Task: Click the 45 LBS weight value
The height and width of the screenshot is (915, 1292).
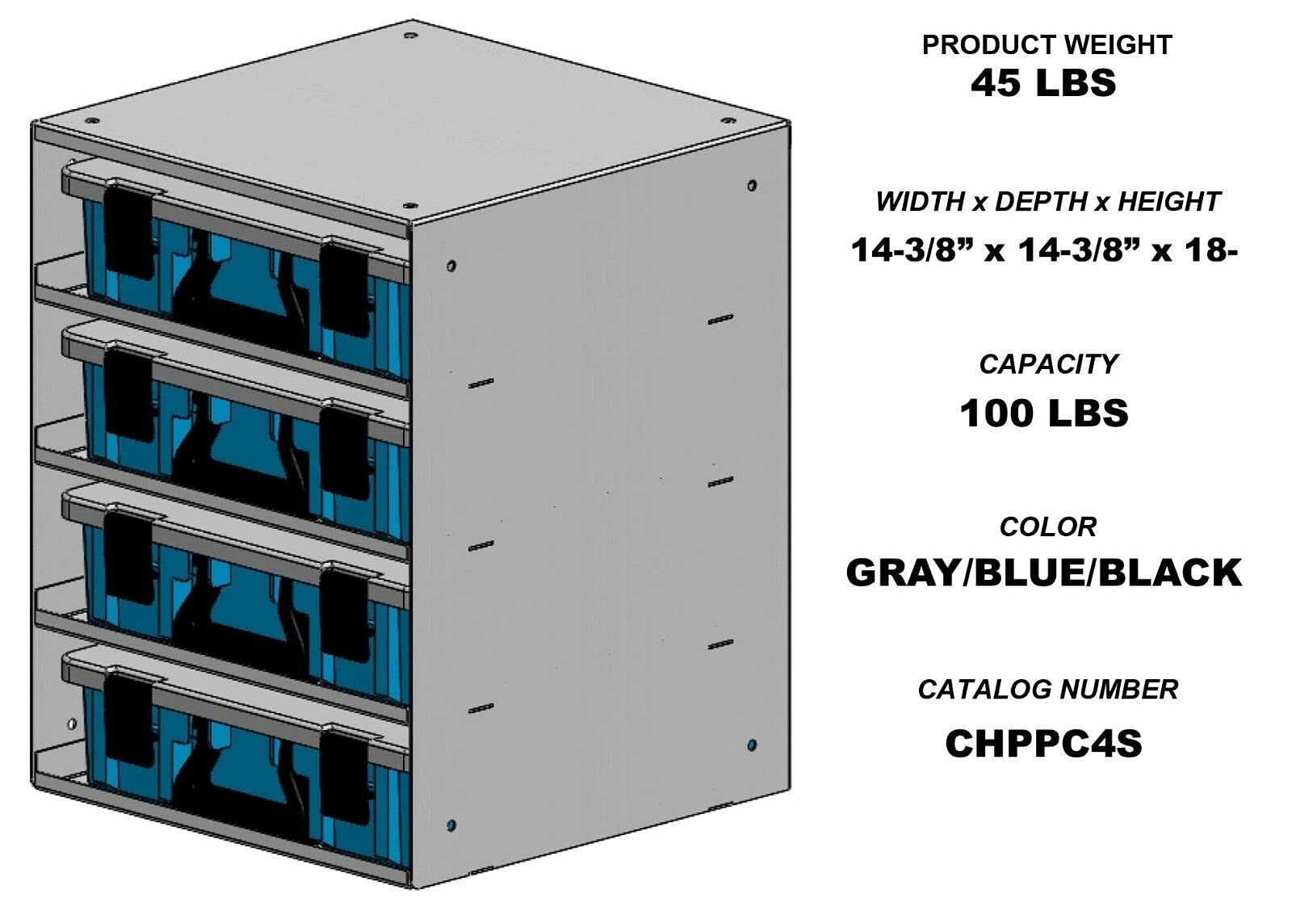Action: pyautogui.click(x=1043, y=83)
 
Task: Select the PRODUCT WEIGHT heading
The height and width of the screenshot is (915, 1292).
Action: pyautogui.click(x=1047, y=45)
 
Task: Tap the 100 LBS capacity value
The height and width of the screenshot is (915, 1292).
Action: pyautogui.click(x=1043, y=413)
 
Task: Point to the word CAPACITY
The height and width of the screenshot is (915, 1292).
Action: pyautogui.click(x=1047, y=364)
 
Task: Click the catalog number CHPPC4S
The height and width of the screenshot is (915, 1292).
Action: pyautogui.click(x=1043, y=744)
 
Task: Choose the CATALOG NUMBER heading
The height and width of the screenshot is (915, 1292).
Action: pyautogui.click(x=1047, y=690)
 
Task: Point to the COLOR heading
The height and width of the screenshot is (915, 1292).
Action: pyautogui.click(x=1047, y=527)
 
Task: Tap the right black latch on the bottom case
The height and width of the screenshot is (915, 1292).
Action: pyautogui.click(x=346, y=776)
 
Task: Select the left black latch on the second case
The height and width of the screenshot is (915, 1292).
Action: pyautogui.click(x=128, y=396)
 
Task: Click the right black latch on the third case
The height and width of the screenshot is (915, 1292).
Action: pyautogui.click(x=346, y=614)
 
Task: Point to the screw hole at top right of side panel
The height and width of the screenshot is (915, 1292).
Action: pyautogui.click(x=752, y=186)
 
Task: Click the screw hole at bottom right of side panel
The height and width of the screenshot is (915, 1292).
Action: pyautogui.click(x=752, y=745)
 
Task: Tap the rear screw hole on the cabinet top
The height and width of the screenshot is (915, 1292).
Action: pyautogui.click(x=410, y=36)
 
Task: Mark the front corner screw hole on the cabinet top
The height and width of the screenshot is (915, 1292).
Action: pyautogui.click(x=409, y=206)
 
